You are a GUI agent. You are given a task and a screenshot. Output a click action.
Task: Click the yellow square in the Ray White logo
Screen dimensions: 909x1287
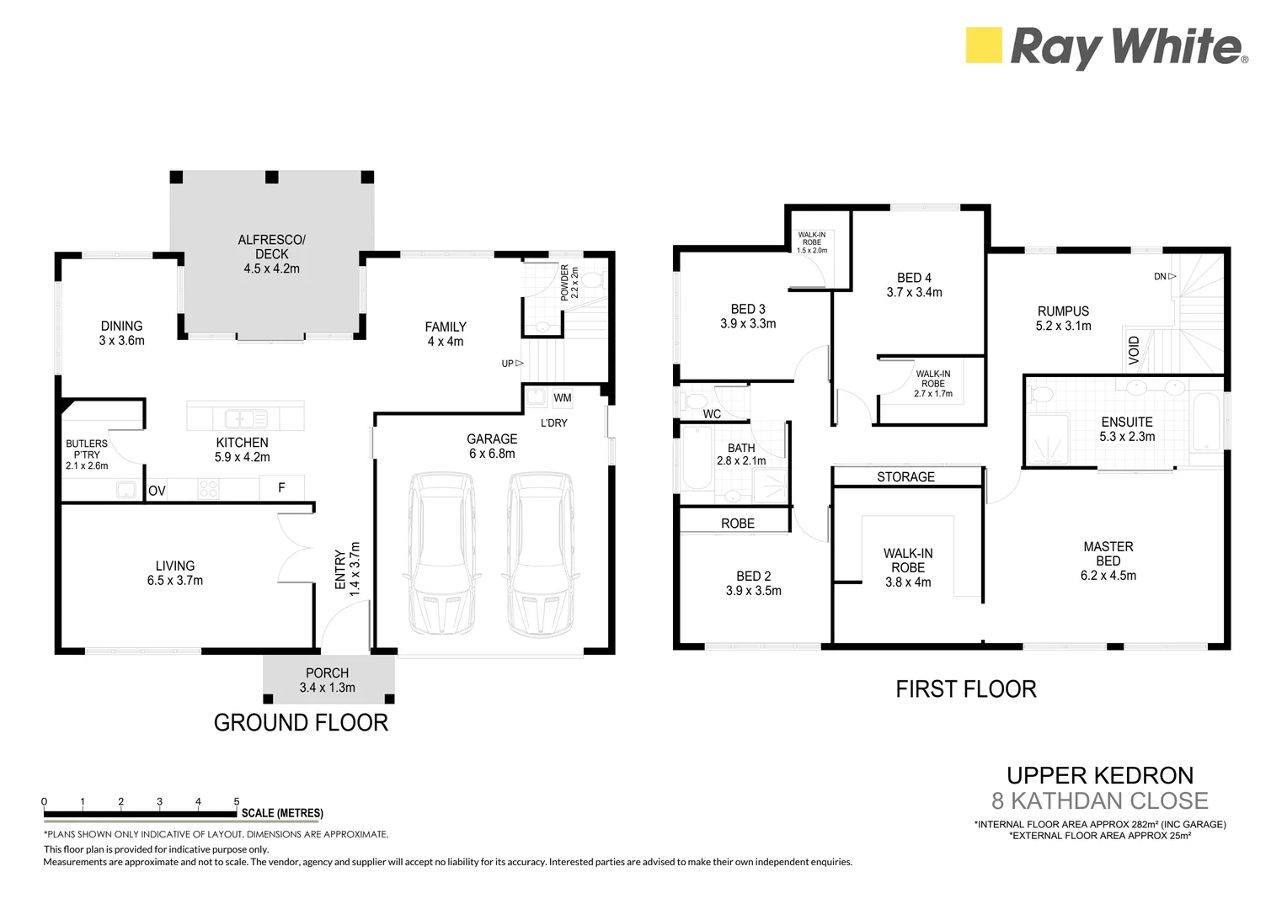[x=984, y=45]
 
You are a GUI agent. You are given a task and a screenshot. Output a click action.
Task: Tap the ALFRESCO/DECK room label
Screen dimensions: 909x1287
[x=271, y=254]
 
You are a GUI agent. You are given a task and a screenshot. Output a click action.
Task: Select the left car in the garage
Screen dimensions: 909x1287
[x=442, y=555]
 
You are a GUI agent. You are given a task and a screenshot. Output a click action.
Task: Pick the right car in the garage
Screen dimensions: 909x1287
[x=542, y=555]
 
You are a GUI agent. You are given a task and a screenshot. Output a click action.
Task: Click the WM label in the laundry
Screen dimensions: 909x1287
[x=563, y=398]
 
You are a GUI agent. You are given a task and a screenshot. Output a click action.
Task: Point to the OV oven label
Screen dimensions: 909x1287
[x=157, y=491]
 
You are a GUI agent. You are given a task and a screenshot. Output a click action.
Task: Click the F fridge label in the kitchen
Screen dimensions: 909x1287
[x=281, y=487]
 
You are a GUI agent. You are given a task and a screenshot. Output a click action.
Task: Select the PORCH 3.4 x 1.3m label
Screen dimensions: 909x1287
[x=327, y=680]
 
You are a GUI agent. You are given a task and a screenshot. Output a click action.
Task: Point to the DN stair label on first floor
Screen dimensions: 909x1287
[x=1164, y=276]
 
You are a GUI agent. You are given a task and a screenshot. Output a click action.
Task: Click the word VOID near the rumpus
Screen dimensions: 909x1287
[x=1134, y=350]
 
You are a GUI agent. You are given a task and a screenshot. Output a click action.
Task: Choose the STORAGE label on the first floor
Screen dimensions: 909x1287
[x=905, y=477]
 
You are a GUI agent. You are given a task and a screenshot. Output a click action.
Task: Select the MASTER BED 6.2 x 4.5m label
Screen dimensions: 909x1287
[x=1108, y=561]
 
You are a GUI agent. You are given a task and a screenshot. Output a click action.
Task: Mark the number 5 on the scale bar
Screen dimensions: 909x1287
[x=237, y=802]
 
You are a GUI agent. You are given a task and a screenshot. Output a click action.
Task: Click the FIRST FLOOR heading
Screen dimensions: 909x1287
[x=965, y=689]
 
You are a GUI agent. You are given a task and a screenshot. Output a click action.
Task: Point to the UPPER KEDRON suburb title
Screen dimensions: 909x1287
[x=1100, y=775]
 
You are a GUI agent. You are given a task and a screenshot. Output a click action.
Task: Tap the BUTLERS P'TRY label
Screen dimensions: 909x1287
[x=87, y=454]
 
